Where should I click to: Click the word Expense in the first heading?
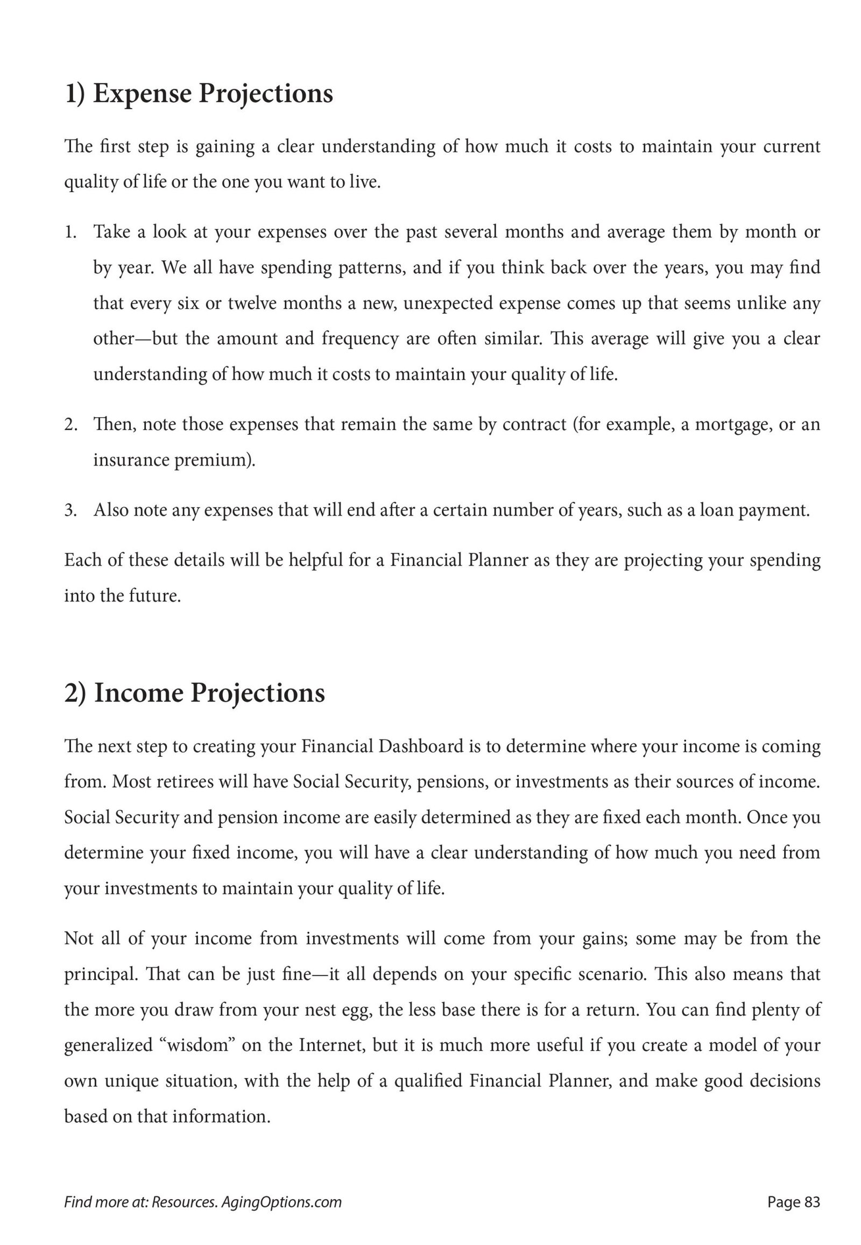[142, 94]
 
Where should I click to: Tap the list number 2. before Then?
[71, 425]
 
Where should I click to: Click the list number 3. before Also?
[71, 510]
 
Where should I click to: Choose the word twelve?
[252, 303]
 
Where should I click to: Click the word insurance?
[131, 460]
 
